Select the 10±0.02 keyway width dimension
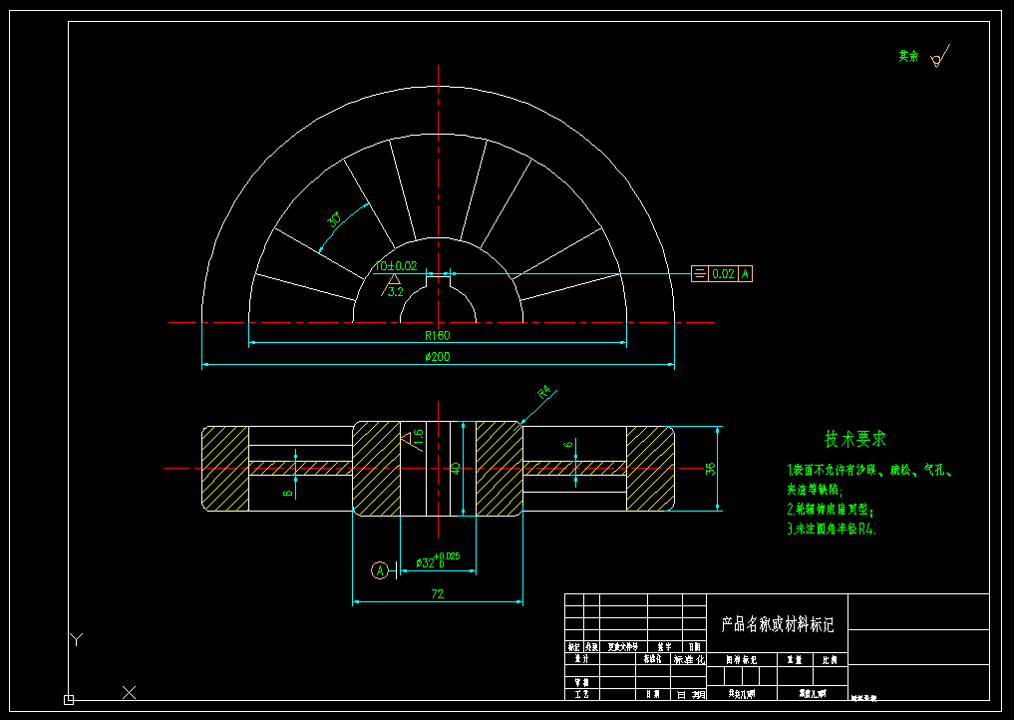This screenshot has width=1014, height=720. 396,266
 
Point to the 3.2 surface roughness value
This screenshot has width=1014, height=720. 395,292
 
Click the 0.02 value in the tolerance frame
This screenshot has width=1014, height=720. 723,273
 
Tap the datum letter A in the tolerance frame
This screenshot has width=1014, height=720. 745,273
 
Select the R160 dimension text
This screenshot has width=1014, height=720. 437,335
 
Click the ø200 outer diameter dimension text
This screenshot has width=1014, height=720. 437,357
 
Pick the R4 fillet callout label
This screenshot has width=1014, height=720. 543,392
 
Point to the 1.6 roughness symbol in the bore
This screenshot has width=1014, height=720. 418,436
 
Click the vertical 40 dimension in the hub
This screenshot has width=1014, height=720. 456,467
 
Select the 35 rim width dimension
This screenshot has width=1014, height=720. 711,468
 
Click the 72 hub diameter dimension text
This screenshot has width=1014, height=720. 437,594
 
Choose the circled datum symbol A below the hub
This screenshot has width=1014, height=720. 379,570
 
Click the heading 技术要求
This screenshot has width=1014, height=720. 854,439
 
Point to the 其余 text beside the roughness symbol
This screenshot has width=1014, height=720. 908,57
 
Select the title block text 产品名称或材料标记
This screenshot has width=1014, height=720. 777,624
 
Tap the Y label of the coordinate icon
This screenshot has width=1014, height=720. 77,639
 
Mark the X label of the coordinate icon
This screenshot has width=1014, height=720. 128,691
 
